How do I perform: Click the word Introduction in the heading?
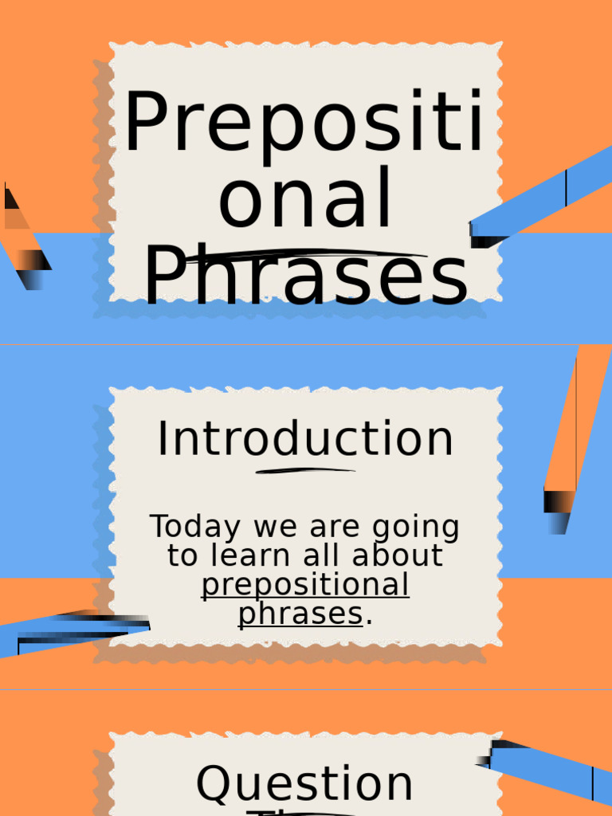pos(305,439)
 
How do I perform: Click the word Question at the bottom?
pos(304,784)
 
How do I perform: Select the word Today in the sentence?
pos(195,527)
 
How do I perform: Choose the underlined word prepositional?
pos(305,586)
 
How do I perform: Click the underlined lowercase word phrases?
pos(300,614)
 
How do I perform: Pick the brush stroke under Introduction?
pos(305,471)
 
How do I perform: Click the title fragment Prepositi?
pos(304,124)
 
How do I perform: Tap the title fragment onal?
pos(305,199)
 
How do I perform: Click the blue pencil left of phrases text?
pos(72,632)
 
